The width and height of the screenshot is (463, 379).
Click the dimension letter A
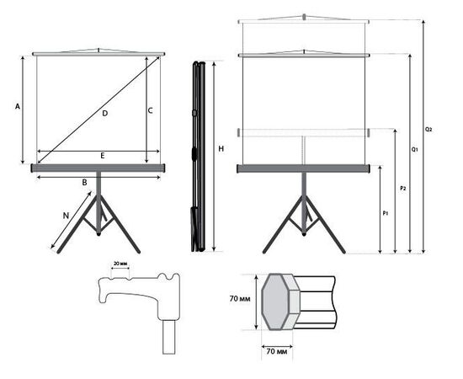[x=18, y=106]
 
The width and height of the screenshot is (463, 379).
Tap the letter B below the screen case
[x=84, y=183]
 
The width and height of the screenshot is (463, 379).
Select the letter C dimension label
[x=151, y=111]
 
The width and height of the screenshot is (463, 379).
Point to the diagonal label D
[x=105, y=113]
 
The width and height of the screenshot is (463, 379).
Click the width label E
[x=103, y=156]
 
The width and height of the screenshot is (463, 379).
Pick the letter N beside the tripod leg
[x=66, y=216]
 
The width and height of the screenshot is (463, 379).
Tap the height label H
[x=221, y=149]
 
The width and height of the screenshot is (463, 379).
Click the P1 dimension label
[x=386, y=213]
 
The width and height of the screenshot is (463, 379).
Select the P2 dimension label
[x=402, y=188]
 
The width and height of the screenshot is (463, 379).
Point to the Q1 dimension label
[x=415, y=149]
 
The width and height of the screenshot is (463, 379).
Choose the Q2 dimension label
[x=428, y=130]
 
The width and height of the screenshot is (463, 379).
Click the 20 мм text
[x=120, y=264]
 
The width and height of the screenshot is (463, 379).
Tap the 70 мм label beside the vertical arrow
[x=240, y=299]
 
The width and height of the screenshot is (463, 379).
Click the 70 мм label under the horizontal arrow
[x=277, y=351]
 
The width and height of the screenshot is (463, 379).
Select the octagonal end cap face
[x=274, y=302]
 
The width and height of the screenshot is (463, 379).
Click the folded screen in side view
[x=199, y=157]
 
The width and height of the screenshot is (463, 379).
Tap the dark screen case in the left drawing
[x=98, y=168]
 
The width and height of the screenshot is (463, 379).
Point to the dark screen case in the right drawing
[x=304, y=168]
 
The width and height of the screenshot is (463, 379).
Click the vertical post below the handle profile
[x=169, y=337]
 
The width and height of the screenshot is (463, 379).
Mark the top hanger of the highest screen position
[x=304, y=19]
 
